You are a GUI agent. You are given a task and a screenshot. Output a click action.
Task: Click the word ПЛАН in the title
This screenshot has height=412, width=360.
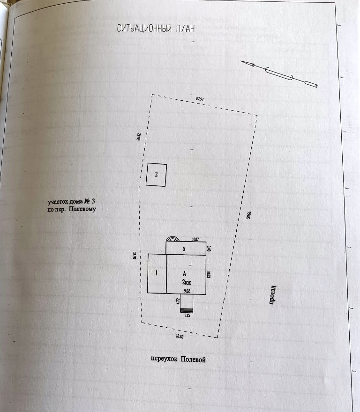coord(183,29)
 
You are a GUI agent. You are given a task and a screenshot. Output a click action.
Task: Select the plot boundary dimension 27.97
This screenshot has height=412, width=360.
coord(200,99)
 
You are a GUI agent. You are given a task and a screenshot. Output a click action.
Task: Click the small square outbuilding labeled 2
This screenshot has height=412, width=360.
coord(156,175)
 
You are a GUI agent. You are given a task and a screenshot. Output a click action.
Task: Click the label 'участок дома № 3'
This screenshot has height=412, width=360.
coord(71,202)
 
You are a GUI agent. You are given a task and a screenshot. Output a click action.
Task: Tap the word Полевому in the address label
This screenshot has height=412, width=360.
coord(82,209)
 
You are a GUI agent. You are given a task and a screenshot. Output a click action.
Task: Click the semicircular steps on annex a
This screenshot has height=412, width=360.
coord(173,238)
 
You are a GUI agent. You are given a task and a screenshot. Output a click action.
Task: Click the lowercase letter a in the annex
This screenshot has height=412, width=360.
coord(184,249)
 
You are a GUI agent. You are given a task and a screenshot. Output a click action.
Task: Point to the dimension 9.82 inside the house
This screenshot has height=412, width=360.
coord(187,291)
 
